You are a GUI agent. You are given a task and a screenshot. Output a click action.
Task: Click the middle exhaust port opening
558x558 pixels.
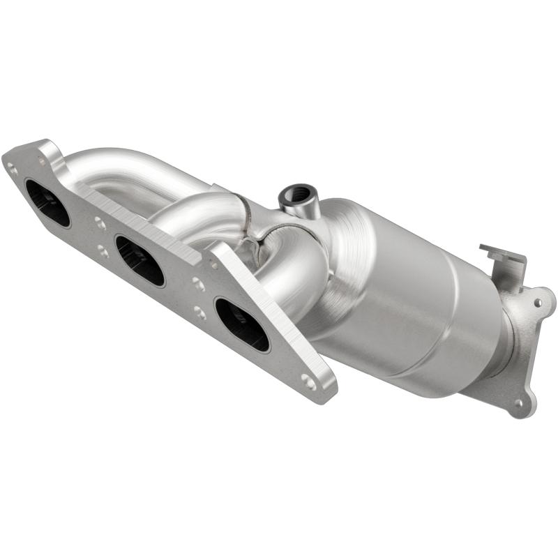[x=140, y=261]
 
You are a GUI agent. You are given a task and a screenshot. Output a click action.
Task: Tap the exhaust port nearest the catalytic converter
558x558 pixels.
[x=242, y=324]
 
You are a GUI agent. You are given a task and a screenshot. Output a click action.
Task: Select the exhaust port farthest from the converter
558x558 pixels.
[x=47, y=203]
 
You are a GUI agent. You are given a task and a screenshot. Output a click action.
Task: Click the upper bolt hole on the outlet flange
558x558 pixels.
[x=538, y=303]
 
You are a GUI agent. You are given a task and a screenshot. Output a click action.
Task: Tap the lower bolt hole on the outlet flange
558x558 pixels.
[x=518, y=402]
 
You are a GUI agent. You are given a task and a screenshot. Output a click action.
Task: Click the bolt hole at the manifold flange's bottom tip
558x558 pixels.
[x=308, y=381]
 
